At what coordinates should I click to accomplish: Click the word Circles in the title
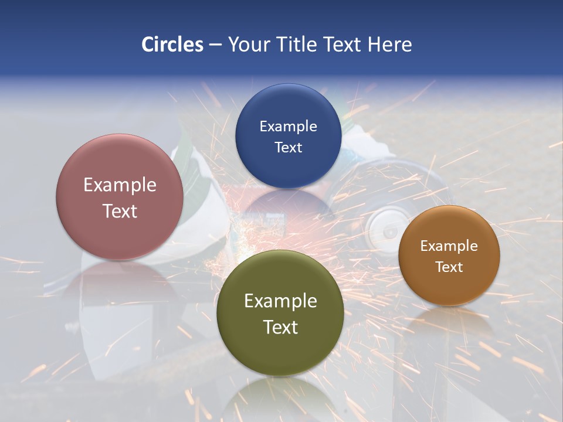[172, 45]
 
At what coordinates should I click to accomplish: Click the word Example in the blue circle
[288, 126]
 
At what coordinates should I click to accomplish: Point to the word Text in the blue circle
[288, 147]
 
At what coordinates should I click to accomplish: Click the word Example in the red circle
[120, 185]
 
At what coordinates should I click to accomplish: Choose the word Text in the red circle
[120, 211]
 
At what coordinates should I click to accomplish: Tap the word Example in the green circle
[280, 301]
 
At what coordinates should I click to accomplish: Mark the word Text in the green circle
[280, 327]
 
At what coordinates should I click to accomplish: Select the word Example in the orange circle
[449, 246]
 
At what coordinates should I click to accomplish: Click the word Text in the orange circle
[449, 267]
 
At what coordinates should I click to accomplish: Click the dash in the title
[215, 45]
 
